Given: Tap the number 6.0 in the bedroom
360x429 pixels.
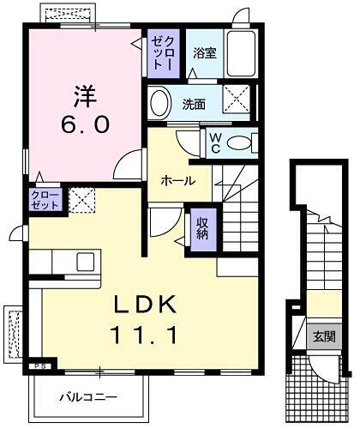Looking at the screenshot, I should click(x=83, y=124).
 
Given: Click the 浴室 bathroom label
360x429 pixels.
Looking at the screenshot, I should click(x=204, y=53).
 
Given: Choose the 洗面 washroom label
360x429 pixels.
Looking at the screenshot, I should click(x=195, y=104).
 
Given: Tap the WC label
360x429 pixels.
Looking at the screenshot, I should click(x=214, y=142).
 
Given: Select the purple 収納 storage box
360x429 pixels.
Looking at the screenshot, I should click(x=202, y=227).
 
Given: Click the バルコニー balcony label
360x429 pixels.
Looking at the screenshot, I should click(x=88, y=396).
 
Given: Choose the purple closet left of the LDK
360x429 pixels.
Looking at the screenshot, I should click(x=45, y=199).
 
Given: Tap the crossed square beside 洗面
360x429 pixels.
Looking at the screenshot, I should click(x=236, y=101).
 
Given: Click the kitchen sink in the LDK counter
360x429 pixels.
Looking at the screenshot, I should click(x=87, y=260).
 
